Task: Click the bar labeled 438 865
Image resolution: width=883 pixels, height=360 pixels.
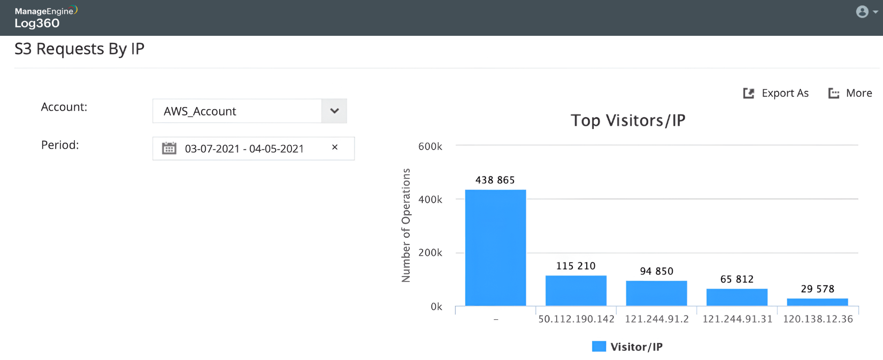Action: coord(495,248)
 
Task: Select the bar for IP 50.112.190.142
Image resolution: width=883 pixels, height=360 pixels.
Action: coord(575,290)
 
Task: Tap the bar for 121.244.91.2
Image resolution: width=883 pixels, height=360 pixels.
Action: coord(656,293)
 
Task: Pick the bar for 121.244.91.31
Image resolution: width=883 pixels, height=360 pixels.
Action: coord(736,297)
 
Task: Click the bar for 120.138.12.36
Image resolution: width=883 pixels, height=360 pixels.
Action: coord(817,302)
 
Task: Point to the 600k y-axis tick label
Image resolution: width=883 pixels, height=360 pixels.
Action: coord(430,147)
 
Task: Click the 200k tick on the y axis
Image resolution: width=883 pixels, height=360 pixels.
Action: coord(430,253)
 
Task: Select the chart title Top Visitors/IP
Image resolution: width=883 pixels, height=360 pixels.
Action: coord(628,121)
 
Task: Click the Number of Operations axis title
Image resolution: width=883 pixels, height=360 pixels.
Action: coord(406,225)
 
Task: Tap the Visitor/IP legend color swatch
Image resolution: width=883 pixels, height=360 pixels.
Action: coord(599,347)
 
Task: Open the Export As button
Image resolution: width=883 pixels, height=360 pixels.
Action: coord(776,94)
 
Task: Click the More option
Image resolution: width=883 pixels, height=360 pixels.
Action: coord(850,94)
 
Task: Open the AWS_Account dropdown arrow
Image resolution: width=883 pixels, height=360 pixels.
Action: coord(334,111)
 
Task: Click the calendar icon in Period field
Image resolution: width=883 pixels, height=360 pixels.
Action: coord(169,148)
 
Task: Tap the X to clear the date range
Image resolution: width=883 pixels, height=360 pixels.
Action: coord(335,148)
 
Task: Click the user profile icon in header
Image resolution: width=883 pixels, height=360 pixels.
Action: coord(862,12)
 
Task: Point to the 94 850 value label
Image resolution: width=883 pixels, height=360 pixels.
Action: coord(656,272)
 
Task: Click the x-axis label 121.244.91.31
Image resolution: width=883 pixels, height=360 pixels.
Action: coord(737,319)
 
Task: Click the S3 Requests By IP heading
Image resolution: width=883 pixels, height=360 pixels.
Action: coord(80,49)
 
